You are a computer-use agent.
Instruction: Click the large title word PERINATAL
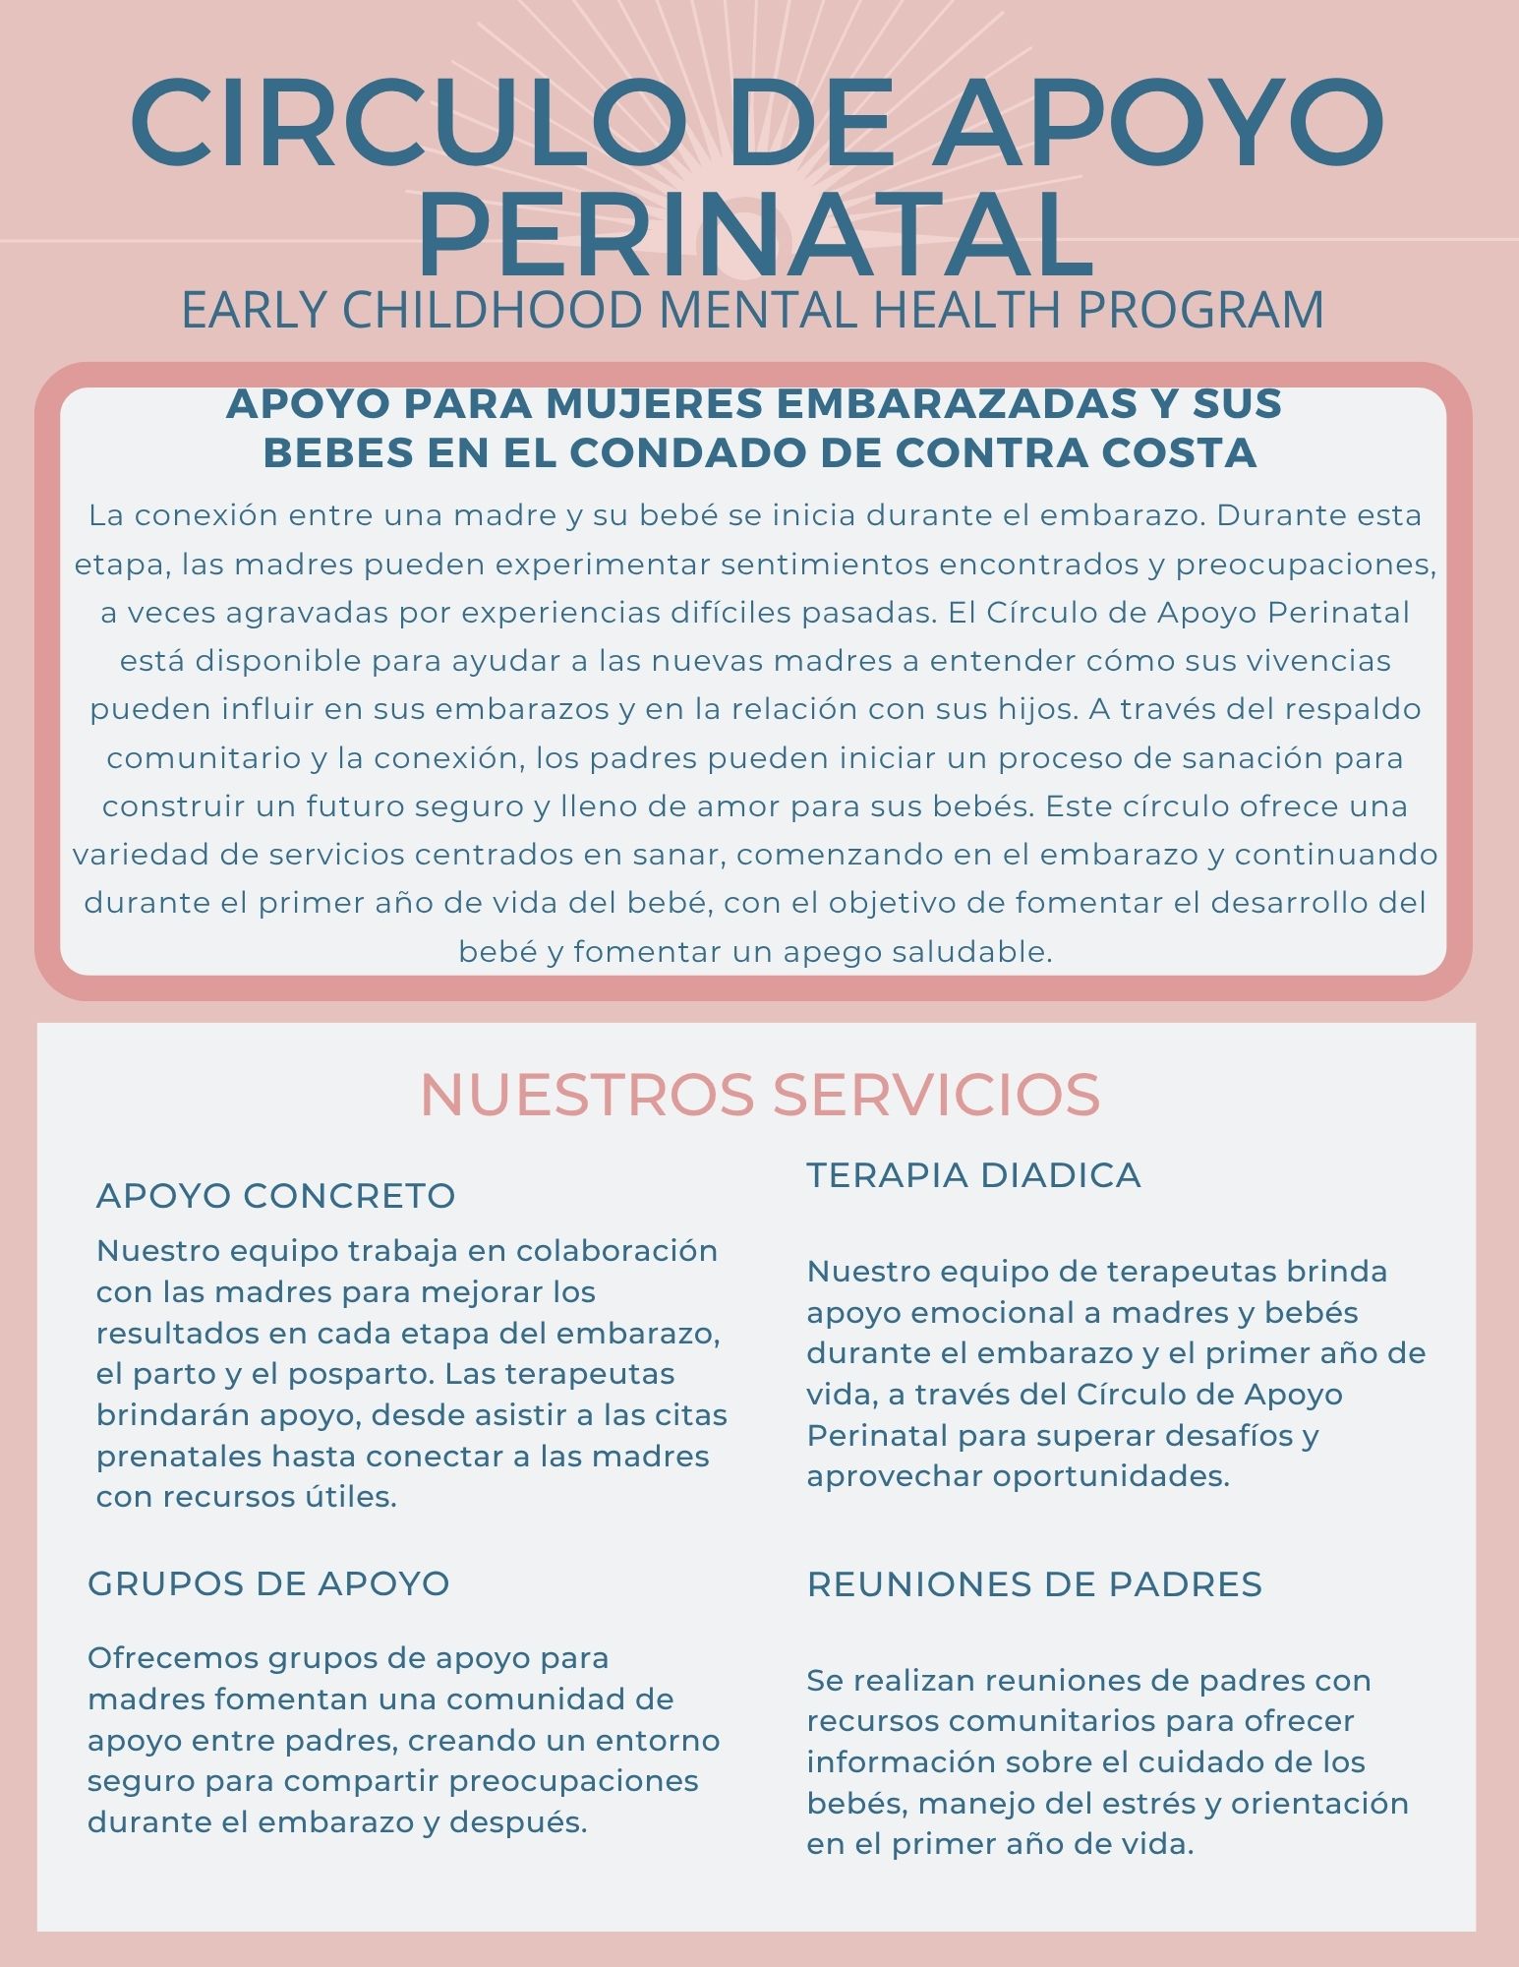click(756, 236)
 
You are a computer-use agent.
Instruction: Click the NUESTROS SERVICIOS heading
click(759, 1095)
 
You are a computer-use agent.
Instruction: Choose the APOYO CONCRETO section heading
click(275, 1196)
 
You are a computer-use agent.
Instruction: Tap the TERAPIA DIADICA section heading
click(973, 1175)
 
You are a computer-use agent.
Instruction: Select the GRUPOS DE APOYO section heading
click(268, 1583)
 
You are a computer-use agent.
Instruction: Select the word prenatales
click(179, 1456)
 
